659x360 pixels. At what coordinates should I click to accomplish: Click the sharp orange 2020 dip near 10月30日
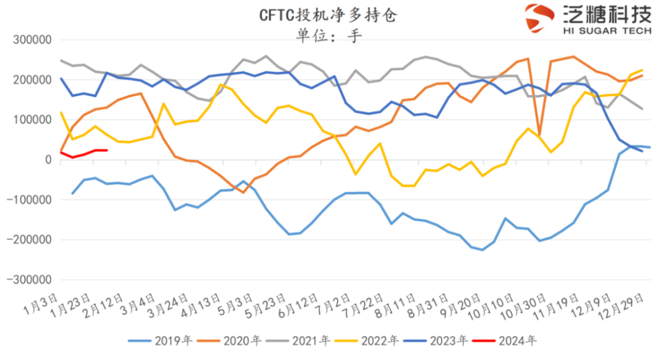[539, 134]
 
